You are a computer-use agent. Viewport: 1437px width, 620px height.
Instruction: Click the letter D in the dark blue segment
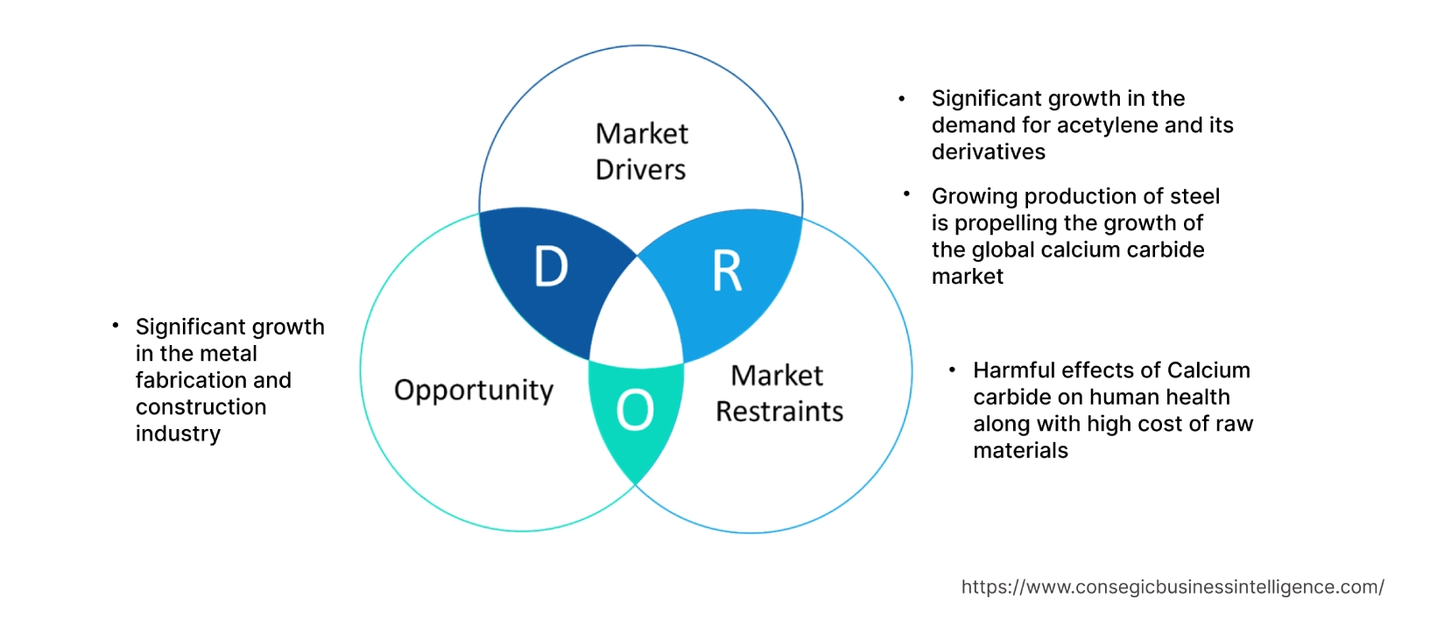pyautogui.click(x=551, y=266)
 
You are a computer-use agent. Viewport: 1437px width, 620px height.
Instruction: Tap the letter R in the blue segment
pyautogui.click(x=727, y=271)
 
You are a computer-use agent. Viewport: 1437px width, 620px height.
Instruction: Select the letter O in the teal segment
pyautogui.click(x=635, y=410)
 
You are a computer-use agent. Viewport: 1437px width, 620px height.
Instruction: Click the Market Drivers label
pyautogui.click(x=641, y=151)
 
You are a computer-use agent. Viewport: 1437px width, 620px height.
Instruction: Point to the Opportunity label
pyautogui.click(x=474, y=390)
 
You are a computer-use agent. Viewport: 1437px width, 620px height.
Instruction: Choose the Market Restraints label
pyautogui.click(x=778, y=393)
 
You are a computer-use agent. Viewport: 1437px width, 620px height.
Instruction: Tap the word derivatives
pyautogui.click(x=988, y=152)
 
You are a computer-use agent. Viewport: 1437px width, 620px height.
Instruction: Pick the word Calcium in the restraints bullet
pyautogui.click(x=1208, y=370)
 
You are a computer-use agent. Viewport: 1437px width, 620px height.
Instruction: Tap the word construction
pyautogui.click(x=201, y=407)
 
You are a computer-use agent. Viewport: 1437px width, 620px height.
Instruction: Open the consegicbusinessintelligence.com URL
pyautogui.click(x=1172, y=588)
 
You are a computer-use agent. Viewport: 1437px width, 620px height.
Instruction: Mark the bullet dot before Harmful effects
pyautogui.click(x=952, y=370)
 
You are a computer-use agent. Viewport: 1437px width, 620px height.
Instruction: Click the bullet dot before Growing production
pyautogui.click(x=907, y=194)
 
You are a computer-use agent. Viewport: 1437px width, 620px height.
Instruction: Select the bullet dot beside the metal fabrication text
pyautogui.click(x=115, y=326)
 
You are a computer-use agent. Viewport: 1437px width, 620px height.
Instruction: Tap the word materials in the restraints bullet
pyautogui.click(x=1020, y=451)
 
